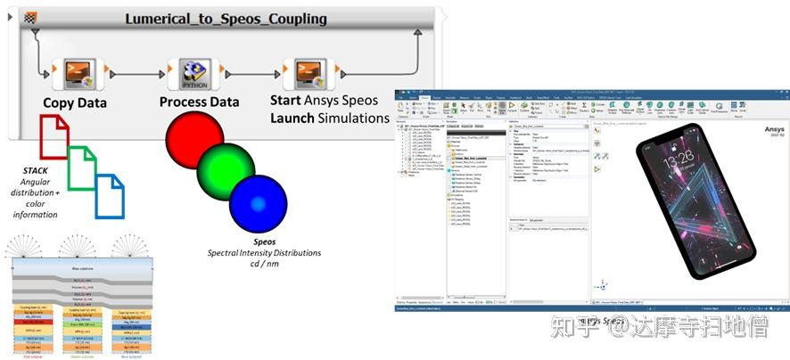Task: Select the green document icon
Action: pyautogui.click(x=82, y=167)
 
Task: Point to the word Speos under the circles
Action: pyautogui.click(x=265, y=241)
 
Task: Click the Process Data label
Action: pyautogui.click(x=199, y=102)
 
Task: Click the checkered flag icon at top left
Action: pyautogui.click(x=32, y=18)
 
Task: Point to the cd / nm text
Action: pyautogui.click(x=265, y=265)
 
